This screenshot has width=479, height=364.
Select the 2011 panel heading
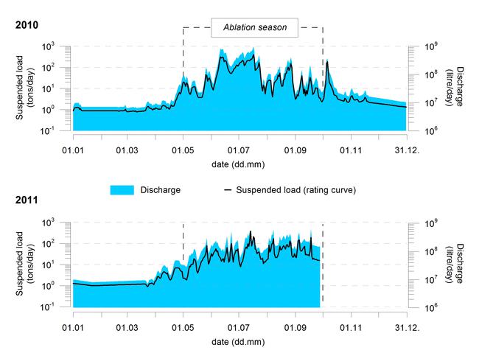tap(27, 200)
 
